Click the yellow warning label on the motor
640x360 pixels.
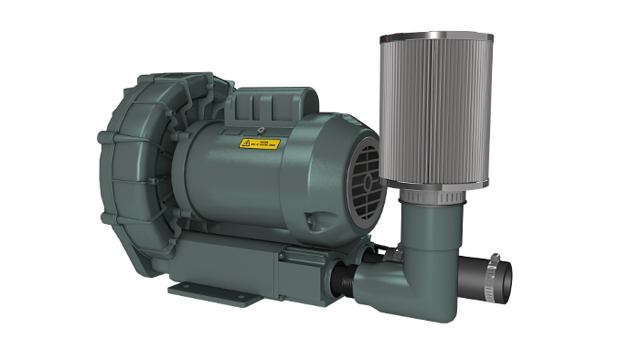(260, 143)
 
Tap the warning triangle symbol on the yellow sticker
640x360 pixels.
(245, 144)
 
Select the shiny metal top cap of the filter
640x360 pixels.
(435, 37)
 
